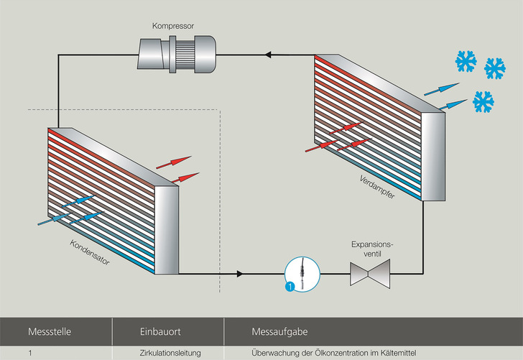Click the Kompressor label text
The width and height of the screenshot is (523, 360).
point(172,26)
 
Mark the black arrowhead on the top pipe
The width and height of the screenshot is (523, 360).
point(269,54)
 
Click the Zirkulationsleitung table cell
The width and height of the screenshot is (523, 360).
point(170,353)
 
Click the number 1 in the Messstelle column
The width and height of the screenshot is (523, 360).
point(30,353)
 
